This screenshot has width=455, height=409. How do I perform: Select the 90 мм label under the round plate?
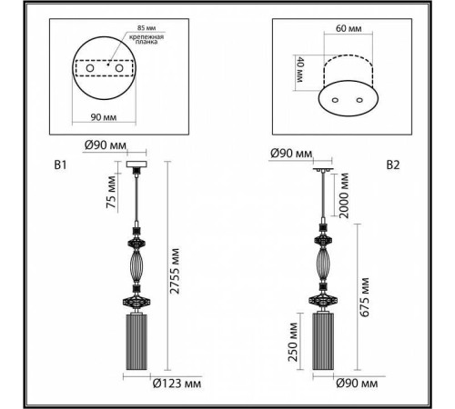(x=104, y=117)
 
